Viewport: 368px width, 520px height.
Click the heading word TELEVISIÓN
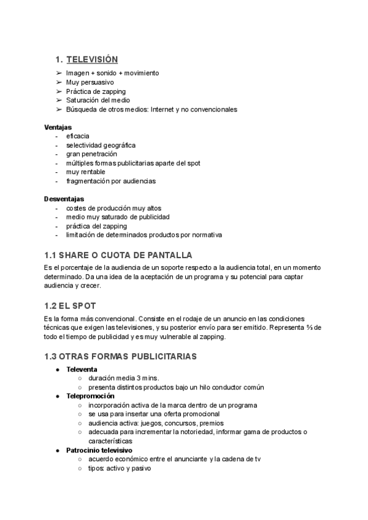[x=92, y=59]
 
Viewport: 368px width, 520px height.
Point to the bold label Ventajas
[x=58, y=127]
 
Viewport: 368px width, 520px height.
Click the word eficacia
[x=77, y=136]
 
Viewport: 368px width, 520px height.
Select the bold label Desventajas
[x=64, y=199]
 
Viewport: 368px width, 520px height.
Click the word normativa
[x=205, y=235]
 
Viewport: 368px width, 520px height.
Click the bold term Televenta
[x=82, y=369]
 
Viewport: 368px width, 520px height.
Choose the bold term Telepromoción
[x=90, y=396]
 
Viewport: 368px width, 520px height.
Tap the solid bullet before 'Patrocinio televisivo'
[x=58, y=450]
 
